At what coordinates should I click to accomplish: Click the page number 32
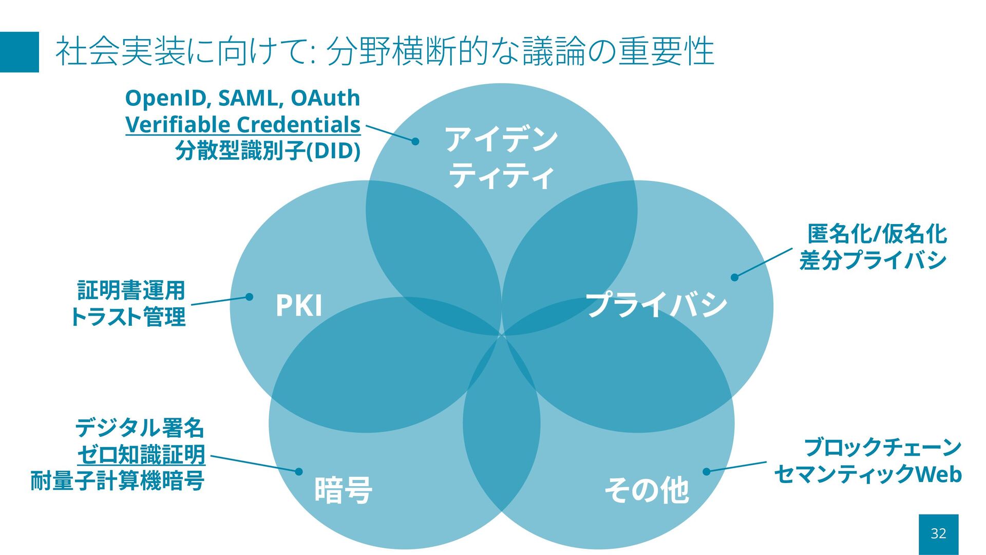tap(938, 534)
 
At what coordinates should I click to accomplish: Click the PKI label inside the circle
tap(298, 305)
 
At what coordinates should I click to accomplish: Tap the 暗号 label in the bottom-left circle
tap(343, 490)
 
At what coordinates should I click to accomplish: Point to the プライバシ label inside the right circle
tap(656, 304)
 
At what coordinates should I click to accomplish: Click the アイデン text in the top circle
tap(501, 139)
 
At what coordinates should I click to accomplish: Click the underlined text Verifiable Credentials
tap(243, 125)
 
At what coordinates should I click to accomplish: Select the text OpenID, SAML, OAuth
tap(242, 98)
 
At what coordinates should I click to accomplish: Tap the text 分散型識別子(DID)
tap(268, 151)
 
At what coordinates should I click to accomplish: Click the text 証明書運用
tap(131, 290)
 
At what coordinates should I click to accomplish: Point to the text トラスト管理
tap(128, 317)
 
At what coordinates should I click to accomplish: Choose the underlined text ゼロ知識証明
tap(141, 455)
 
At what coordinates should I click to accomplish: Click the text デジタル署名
tap(140, 428)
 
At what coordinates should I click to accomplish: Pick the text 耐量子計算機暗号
tap(118, 481)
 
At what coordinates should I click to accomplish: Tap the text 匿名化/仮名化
tap(877, 234)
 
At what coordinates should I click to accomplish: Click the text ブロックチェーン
tap(882, 448)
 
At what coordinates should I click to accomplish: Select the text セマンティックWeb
tap(868, 474)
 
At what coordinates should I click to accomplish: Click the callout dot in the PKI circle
tap(249, 297)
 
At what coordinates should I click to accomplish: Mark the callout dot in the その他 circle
tap(707, 471)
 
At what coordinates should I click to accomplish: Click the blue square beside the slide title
tap(20, 52)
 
